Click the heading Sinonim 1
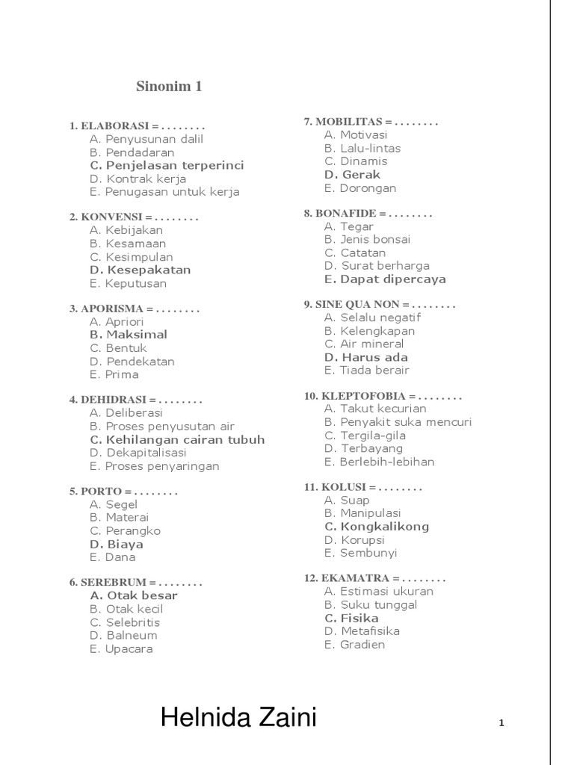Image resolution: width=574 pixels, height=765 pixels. pos(169,87)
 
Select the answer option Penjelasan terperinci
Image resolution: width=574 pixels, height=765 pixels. pos(167,165)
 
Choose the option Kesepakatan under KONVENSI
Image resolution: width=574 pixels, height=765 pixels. pos(141,270)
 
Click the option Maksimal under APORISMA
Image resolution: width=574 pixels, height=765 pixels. pos(129,335)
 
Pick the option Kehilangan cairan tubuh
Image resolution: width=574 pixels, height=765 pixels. pos(177,439)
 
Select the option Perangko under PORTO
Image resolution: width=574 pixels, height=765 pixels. pos(125,531)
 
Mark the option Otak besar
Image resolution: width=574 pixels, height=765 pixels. pos(134,595)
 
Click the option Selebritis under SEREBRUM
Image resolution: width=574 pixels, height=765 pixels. pos(125,622)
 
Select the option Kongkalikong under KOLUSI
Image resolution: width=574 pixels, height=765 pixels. pos(377,527)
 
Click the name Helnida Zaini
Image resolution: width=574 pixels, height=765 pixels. pos(238,719)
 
